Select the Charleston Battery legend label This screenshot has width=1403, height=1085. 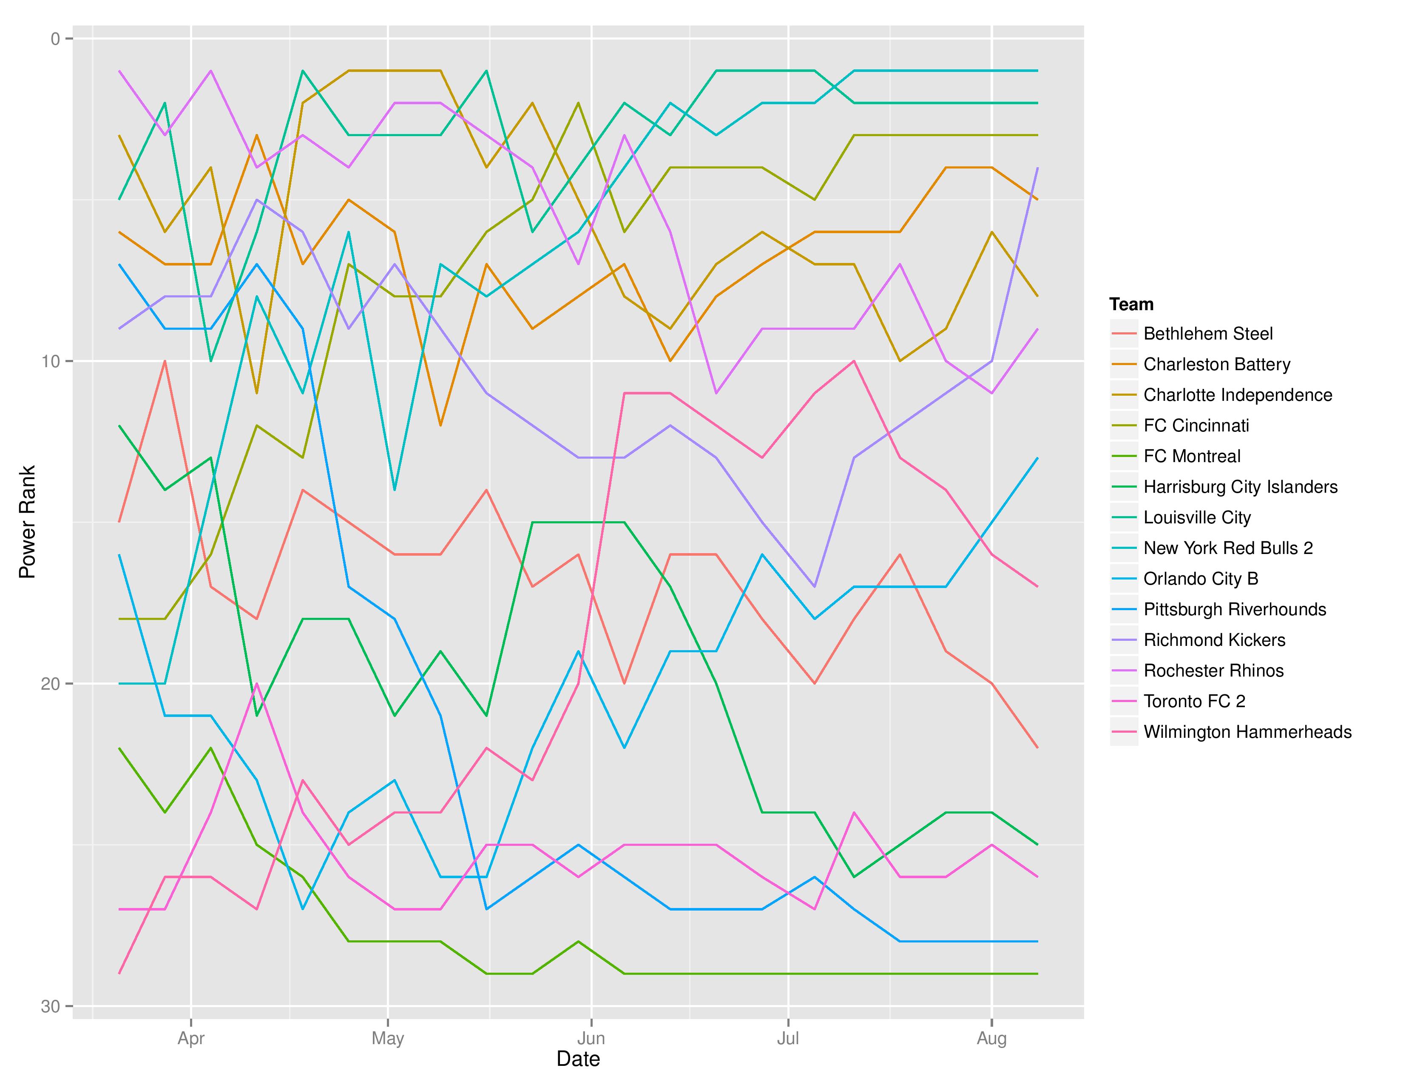click(1216, 365)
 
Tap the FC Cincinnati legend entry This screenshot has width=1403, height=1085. click(1196, 425)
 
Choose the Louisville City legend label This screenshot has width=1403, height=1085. click(1197, 517)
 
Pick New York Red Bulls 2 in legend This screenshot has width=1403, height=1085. click(1228, 548)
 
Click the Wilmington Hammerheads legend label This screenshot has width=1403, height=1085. click(1247, 732)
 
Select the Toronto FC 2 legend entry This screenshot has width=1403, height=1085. click(1193, 701)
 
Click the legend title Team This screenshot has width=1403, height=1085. click(1131, 304)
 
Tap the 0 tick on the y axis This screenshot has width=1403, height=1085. click(55, 39)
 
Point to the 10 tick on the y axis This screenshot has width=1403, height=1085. click(51, 361)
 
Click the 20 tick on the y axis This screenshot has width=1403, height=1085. click(51, 684)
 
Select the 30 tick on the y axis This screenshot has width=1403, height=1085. click(51, 1007)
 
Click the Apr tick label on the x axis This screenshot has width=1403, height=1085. click(191, 1039)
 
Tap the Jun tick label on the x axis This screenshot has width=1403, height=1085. click(591, 1039)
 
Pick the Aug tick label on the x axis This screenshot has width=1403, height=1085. click(991, 1039)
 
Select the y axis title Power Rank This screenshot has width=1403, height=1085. click(27, 522)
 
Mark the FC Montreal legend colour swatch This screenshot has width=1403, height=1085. click(1124, 457)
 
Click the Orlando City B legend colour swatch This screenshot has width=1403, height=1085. click(1124, 579)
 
